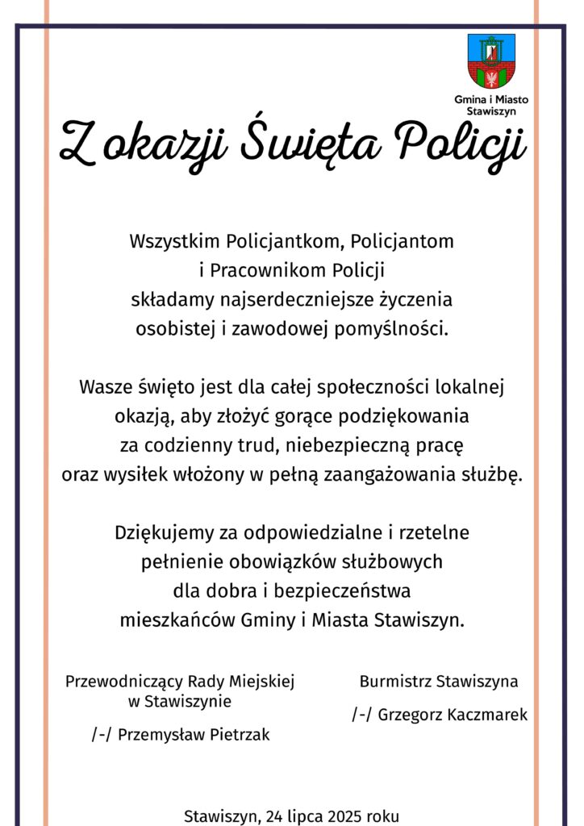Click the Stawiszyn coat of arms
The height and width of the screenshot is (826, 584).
(492, 61)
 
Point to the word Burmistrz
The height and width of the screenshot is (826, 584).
(394, 682)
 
